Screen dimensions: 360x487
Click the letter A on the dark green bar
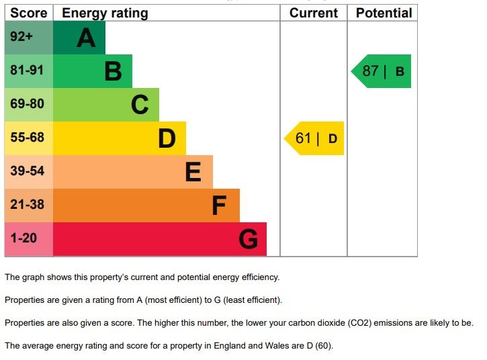[86, 38]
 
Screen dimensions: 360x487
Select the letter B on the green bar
[113, 71]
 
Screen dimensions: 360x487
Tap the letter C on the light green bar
[140, 105]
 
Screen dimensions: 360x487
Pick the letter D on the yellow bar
[167, 138]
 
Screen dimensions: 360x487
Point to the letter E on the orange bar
[193, 173]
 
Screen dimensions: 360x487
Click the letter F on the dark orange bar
[219, 206]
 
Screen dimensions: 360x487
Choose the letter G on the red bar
[248, 239]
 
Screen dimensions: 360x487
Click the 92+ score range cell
[21, 37]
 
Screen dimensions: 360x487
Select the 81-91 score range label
[27, 71]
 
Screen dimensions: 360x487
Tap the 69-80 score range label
[27, 104]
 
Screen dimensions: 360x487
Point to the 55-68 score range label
[27, 138]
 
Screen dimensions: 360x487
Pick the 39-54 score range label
[27, 171]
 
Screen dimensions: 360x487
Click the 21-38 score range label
[27, 205]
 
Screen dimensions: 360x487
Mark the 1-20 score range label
[24, 238]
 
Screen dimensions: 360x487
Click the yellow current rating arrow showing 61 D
[315, 138]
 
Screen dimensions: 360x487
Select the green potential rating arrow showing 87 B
[382, 71]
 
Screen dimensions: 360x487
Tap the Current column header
[314, 13]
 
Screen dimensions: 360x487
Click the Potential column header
[384, 13]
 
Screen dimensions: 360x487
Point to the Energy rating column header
[105, 13]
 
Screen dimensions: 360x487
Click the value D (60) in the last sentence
[318, 347]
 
